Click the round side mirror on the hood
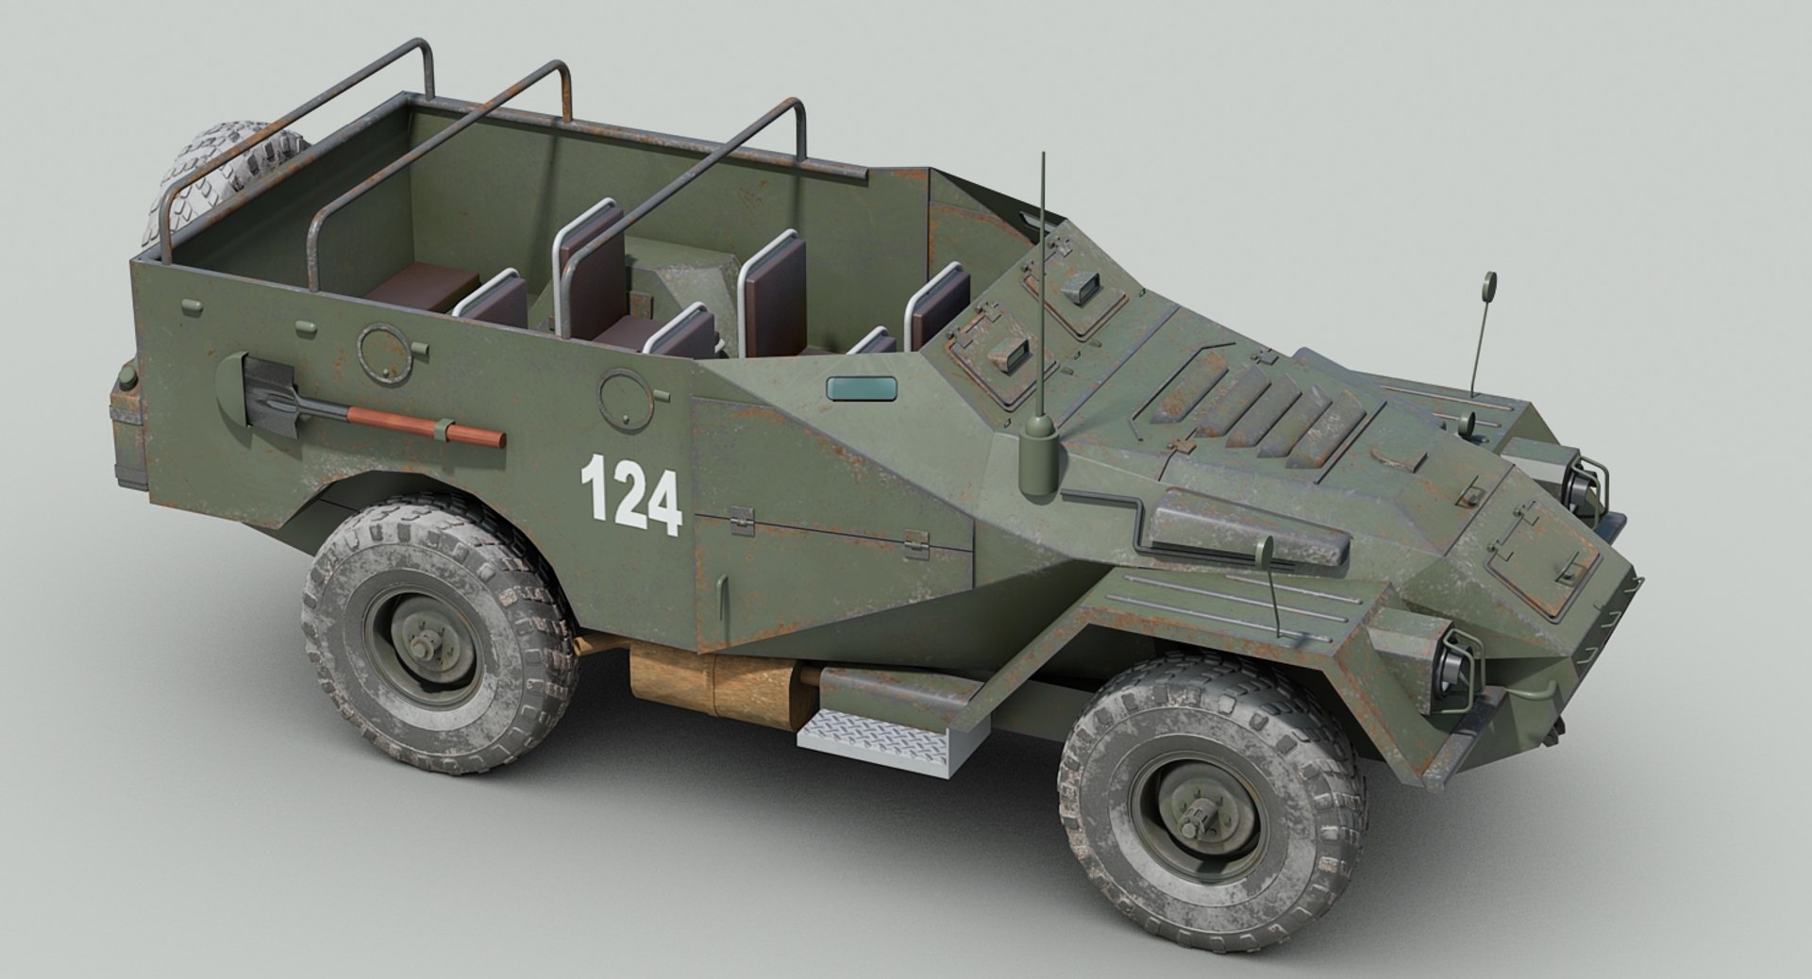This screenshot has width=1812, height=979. tap(1489, 282)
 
